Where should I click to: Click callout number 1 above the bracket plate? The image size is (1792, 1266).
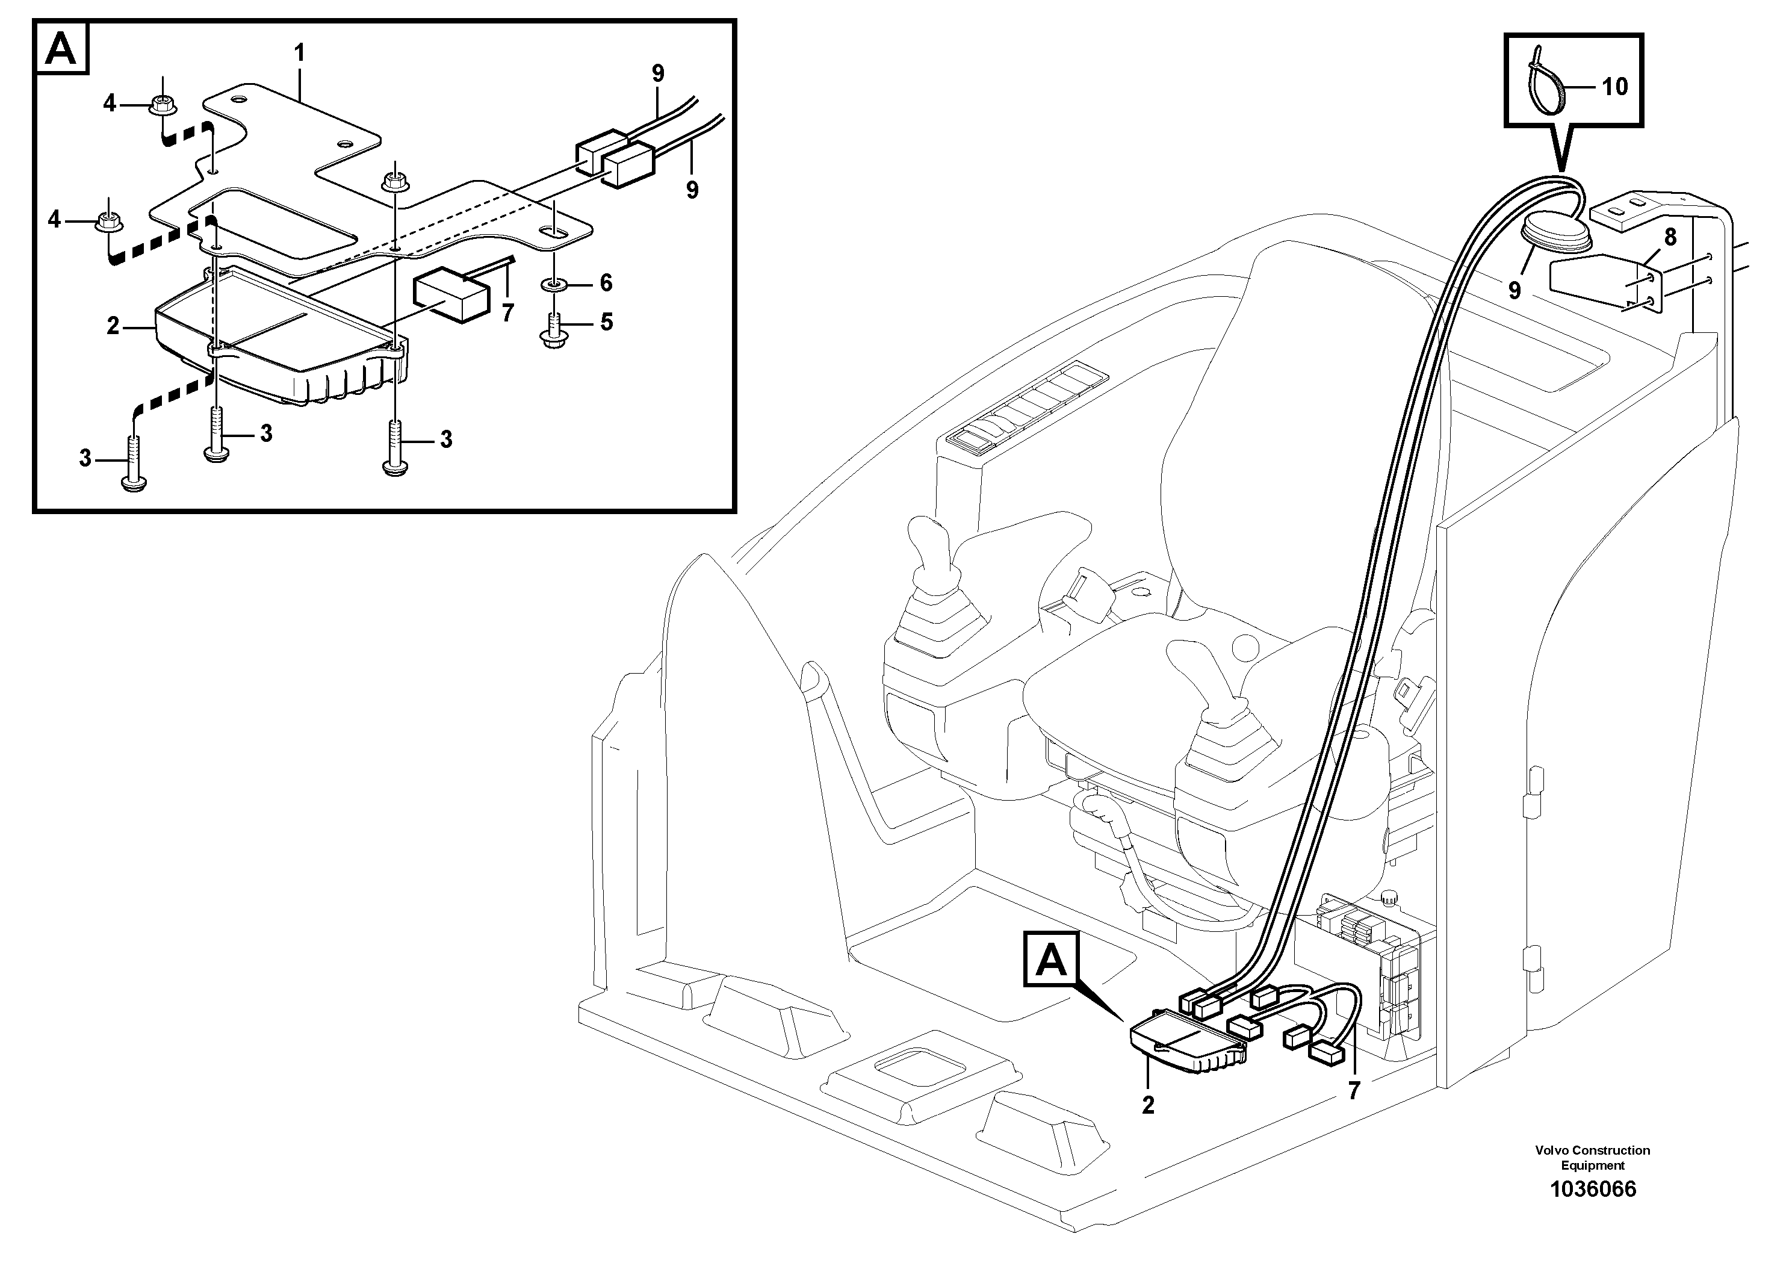[x=299, y=54]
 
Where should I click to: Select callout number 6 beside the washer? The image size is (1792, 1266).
[x=606, y=282]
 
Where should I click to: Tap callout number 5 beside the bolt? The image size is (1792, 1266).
[x=606, y=321]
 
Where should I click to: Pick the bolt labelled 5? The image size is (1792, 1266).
[x=553, y=330]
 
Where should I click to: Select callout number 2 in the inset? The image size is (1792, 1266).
[x=113, y=326]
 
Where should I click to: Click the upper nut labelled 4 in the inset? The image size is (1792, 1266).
[x=163, y=103]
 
